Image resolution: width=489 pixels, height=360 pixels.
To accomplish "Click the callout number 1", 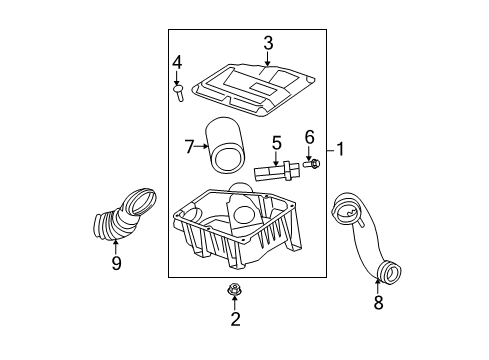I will pos(341,150).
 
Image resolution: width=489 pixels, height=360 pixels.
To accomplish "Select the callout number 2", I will pos(236,320).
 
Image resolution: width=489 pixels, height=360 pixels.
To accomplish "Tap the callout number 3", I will pos(268,42).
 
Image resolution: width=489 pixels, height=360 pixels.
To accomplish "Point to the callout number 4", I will pos(177,62).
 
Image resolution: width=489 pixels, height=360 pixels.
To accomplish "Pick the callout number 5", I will pos(277,142).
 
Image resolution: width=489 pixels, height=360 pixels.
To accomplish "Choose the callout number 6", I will pos(309,137).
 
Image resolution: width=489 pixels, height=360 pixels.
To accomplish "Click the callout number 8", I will pos(378,303).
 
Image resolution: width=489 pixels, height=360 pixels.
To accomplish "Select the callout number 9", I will pos(116,264).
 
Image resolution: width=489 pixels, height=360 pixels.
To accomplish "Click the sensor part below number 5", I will pos(274,171).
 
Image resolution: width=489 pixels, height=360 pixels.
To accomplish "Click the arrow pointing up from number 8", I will pos(378,283).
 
